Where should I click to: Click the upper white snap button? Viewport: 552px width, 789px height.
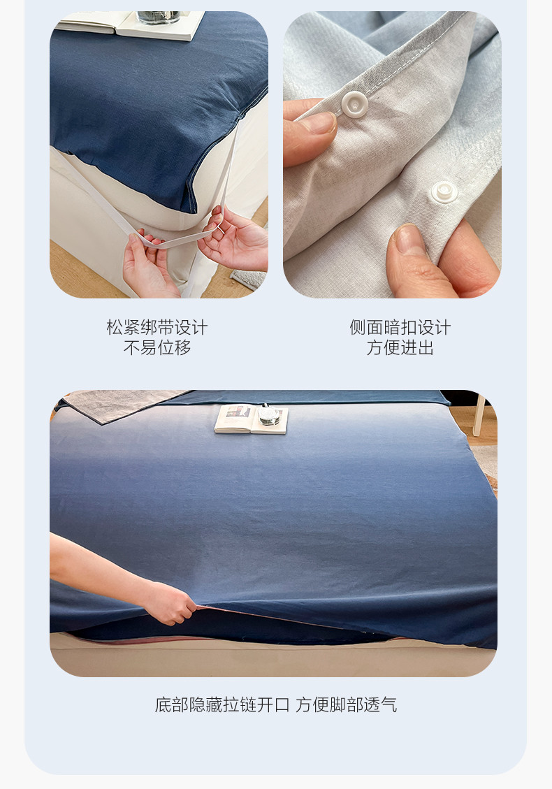tap(354, 104)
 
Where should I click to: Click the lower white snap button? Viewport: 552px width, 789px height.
tap(444, 191)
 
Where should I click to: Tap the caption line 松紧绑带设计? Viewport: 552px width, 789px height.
tap(157, 327)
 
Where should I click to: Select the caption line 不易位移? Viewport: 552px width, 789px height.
tap(157, 347)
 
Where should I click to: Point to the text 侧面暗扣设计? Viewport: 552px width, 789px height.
tap(400, 327)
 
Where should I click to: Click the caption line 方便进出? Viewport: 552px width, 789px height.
tap(400, 347)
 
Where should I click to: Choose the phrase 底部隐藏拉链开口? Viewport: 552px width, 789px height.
tap(222, 704)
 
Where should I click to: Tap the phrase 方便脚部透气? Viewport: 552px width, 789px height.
tap(346, 704)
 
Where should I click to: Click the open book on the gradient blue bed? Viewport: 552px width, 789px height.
tap(251, 419)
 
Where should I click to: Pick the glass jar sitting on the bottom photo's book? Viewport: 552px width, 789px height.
tap(269, 414)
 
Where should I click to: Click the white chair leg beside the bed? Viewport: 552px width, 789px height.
tap(479, 415)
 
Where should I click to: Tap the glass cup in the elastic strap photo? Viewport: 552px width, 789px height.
tap(158, 17)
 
